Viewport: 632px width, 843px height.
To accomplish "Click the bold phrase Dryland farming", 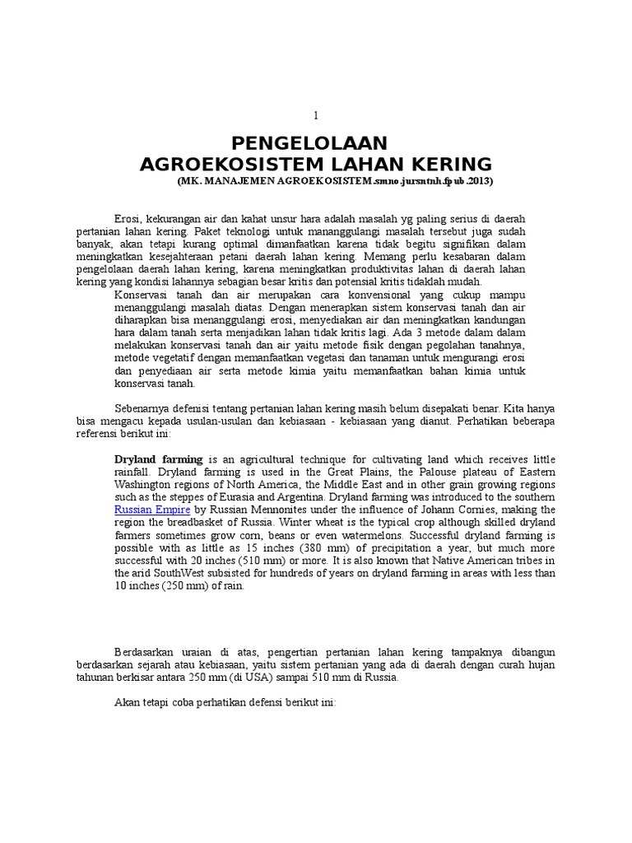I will tap(158, 459).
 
